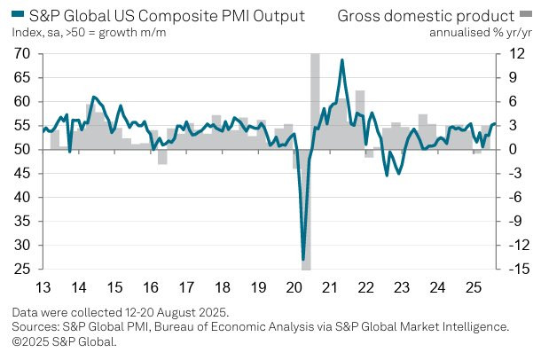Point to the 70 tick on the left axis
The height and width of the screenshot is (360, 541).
click(x=22, y=54)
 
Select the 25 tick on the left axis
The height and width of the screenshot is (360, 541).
click(x=22, y=269)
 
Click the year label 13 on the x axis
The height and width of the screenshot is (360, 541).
click(x=43, y=287)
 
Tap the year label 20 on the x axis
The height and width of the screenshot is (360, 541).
click(x=293, y=287)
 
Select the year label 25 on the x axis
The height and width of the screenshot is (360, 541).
click(x=473, y=287)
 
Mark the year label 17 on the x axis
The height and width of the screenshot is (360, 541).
click(x=185, y=287)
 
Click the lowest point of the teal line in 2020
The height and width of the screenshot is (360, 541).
click(x=303, y=258)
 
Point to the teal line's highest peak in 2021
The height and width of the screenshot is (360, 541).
click(x=342, y=60)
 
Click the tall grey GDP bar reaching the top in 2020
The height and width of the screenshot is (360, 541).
click(x=315, y=98)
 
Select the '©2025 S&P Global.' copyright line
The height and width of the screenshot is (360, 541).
click(x=65, y=340)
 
